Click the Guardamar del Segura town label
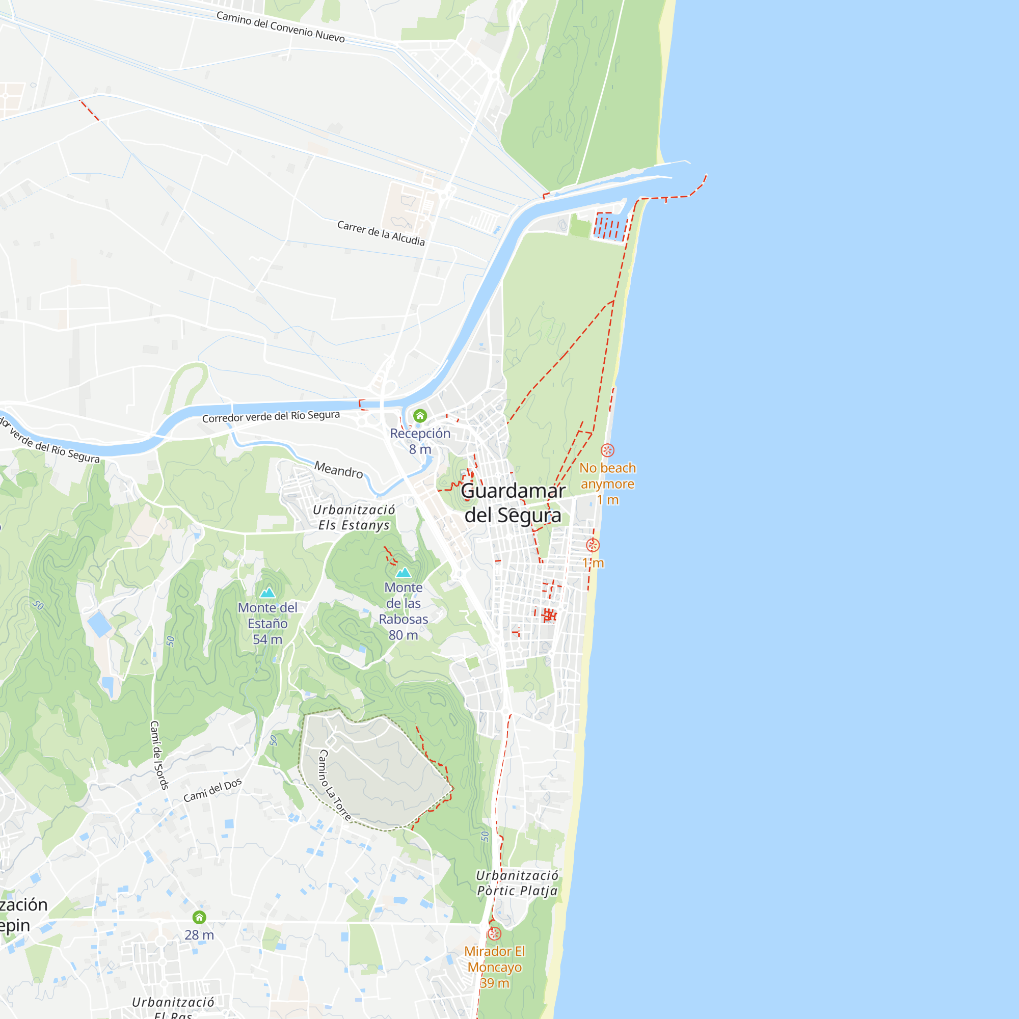(x=513, y=503)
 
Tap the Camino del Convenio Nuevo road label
(x=281, y=27)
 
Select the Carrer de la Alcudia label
(x=381, y=233)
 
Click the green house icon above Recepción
(x=420, y=416)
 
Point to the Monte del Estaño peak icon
(x=267, y=593)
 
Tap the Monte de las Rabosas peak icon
(x=404, y=572)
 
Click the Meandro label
(x=339, y=469)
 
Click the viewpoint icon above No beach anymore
(x=608, y=450)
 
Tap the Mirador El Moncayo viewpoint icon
(x=494, y=933)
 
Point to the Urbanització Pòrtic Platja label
(x=517, y=883)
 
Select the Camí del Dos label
(x=212, y=790)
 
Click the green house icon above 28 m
(x=199, y=917)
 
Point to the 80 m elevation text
(x=404, y=635)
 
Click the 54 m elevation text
(x=267, y=640)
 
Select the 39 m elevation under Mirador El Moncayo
(x=494, y=983)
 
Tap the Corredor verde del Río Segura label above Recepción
(x=271, y=417)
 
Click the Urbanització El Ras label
(x=173, y=1008)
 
